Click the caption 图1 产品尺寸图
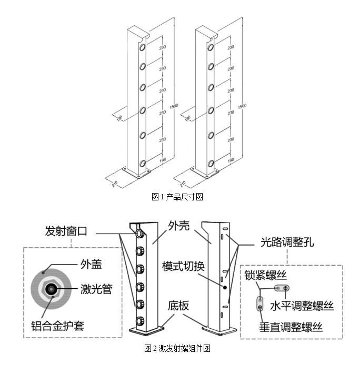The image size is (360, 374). click(x=177, y=197)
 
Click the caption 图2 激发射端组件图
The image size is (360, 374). click(x=177, y=348)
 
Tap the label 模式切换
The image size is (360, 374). click(x=184, y=265)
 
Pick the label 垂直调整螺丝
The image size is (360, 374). click(x=291, y=327)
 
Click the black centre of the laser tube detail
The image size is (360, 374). click(x=52, y=288)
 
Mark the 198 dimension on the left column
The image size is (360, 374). click(x=163, y=158)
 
